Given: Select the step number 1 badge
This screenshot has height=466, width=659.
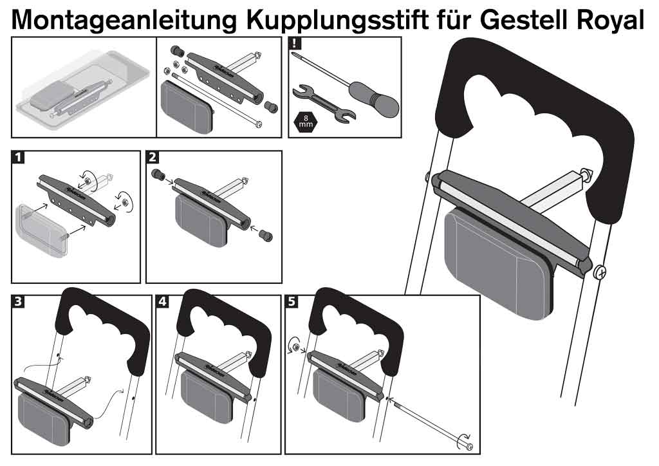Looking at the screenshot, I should point(19,158).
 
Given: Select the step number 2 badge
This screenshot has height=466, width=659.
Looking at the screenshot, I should point(154,158).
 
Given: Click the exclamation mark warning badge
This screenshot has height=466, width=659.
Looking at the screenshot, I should point(295,44).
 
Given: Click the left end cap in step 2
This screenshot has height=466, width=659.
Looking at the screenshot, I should point(156,174).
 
